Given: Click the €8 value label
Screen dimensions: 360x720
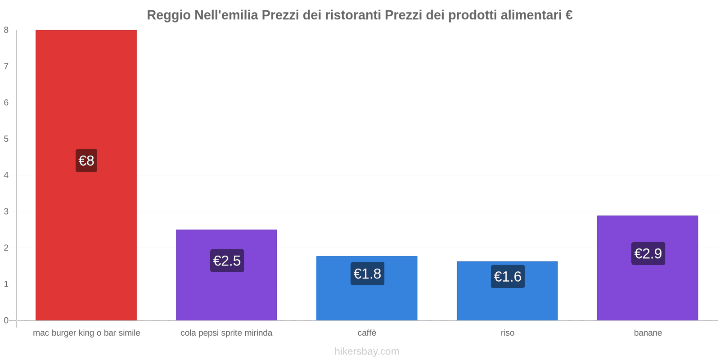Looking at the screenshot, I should (x=86, y=161).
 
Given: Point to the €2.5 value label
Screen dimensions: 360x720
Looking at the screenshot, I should (x=227, y=261).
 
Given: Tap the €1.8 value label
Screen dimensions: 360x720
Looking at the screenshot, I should (x=367, y=274).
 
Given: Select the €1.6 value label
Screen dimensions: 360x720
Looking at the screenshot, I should (x=508, y=276).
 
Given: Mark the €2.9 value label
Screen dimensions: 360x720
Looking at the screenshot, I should (x=648, y=253).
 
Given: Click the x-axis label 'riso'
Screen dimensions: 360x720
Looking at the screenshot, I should (x=507, y=333).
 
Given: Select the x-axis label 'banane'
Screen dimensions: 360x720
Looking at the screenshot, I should (x=648, y=333).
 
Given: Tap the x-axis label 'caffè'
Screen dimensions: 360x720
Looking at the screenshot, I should (x=367, y=333).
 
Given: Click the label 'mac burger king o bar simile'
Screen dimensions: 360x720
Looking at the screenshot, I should (x=86, y=333).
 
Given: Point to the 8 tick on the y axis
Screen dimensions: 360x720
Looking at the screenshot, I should (x=6, y=30).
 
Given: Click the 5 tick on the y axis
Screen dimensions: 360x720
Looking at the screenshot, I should (x=6, y=139).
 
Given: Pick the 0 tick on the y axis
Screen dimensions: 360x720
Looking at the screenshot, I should (x=6, y=320).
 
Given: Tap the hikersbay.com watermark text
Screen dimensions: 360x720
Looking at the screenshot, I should (x=367, y=351).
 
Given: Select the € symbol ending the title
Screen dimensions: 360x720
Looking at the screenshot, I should (x=569, y=15).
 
